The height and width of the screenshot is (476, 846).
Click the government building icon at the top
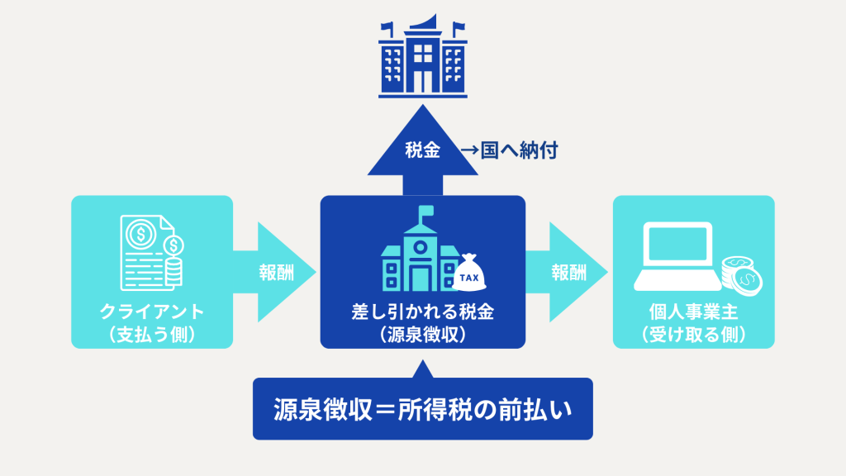(x=422, y=56)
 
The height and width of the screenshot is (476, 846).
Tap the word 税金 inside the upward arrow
(x=422, y=151)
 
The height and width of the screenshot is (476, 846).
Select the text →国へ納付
(x=510, y=151)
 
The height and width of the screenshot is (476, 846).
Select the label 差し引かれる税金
(x=422, y=313)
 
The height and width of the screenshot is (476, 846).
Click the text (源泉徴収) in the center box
(x=422, y=334)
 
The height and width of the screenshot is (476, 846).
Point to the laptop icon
(x=676, y=257)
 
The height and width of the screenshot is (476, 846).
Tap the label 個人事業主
(x=693, y=313)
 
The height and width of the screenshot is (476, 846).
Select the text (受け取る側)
(x=693, y=334)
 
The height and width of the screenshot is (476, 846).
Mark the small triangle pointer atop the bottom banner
(x=423, y=369)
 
